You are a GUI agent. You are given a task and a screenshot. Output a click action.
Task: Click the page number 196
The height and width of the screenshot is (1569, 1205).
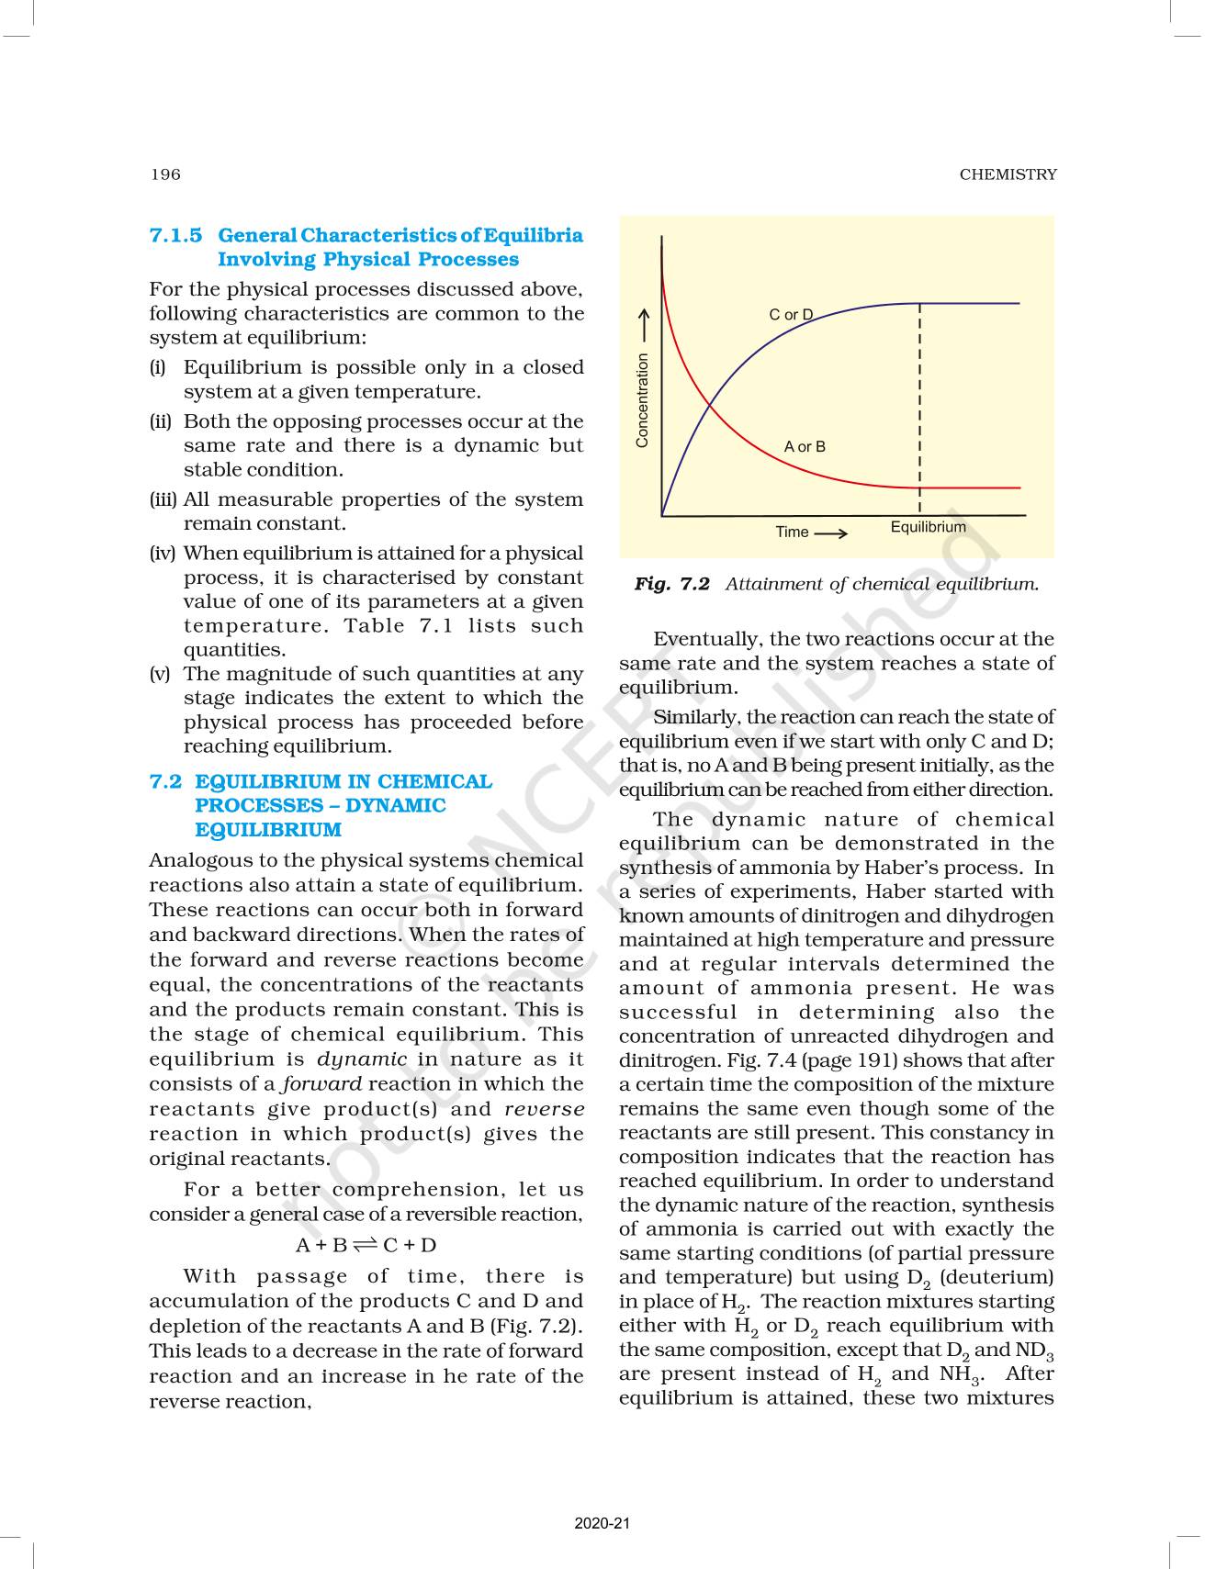[x=165, y=174]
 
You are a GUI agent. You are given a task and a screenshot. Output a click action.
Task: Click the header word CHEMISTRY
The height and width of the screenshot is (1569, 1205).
[x=1008, y=174]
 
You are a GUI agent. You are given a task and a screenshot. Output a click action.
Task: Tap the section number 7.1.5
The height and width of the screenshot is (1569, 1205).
[x=175, y=236]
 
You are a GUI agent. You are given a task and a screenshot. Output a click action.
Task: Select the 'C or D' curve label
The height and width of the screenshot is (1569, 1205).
[x=790, y=315]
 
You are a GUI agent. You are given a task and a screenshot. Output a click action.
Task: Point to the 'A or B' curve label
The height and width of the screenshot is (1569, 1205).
[x=805, y=447]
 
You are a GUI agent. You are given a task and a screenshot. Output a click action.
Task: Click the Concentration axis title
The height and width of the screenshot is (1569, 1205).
[x=642, y=400]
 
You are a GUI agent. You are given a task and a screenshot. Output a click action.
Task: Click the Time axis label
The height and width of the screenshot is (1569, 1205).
[x=792, y=532]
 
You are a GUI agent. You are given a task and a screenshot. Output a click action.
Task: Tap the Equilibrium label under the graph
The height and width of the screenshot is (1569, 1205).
[x=928, y=527]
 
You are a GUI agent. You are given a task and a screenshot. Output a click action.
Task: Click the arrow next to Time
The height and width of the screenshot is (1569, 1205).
[x=830, y=532]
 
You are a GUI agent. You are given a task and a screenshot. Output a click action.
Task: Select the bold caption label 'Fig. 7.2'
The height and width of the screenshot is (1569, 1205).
[x=671, y=584]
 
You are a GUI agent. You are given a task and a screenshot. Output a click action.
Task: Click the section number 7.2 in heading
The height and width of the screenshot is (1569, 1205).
[x=165, y=782]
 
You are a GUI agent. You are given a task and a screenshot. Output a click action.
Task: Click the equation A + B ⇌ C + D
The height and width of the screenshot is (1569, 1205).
[x=366, y=1246]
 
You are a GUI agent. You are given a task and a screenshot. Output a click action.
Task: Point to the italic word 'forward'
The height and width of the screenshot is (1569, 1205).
[x=322, y=1084]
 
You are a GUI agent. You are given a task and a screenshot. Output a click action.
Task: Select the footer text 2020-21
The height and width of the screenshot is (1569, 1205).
[x=602, y=1523]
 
